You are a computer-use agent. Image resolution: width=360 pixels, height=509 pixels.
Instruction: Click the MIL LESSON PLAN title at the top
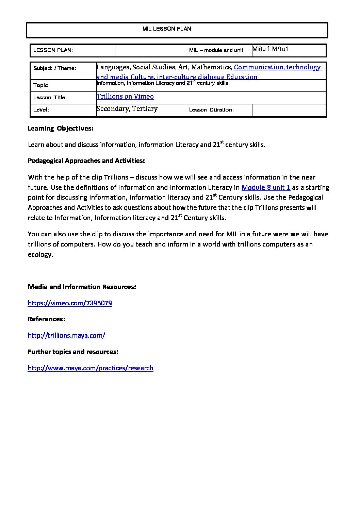[x=167, y=29]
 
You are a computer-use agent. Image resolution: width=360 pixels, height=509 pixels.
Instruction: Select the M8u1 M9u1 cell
[x=271, y=49]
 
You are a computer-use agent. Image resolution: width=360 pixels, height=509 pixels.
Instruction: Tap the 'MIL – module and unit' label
[x=216, y=50]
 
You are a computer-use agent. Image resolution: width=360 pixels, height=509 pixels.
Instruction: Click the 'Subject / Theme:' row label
[x=55, y=68]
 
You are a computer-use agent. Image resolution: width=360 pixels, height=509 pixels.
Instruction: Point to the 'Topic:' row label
[x=42, y=85]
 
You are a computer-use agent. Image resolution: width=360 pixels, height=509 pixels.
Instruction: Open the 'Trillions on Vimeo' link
[x=125, y=97]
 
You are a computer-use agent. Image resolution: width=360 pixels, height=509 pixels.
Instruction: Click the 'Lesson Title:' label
[x=50, y=98]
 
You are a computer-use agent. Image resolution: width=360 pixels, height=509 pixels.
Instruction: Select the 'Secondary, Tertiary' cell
[x=127, y=109]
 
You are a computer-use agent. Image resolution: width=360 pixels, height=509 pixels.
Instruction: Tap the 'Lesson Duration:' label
[x=211, y=110]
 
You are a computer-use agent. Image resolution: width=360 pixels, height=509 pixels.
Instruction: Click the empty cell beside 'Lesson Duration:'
[x=289, y=110]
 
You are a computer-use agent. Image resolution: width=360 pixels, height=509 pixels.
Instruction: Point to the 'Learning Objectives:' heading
[x=61, y=129]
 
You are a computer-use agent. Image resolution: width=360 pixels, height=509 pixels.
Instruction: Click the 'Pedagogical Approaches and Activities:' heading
[x=86, y=161]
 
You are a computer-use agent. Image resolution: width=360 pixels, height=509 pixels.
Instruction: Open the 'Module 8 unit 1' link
[x=266, y=188]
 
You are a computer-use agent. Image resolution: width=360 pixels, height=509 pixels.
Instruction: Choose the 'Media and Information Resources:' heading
[x=82, y=287]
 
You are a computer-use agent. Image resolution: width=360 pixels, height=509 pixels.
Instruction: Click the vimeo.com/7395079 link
[x=70, y=303]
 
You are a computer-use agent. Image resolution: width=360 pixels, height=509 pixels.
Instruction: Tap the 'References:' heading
[x=46, y=319]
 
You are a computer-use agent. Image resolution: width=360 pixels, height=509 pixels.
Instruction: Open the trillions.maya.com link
[x=66, y=336]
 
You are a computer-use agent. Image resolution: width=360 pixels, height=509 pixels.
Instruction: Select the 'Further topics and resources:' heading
[x=73, y=352]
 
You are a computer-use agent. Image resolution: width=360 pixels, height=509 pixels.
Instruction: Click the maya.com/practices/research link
[x=91, y=368]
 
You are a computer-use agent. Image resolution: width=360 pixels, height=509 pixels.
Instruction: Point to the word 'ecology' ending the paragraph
[x=39, y=255]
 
